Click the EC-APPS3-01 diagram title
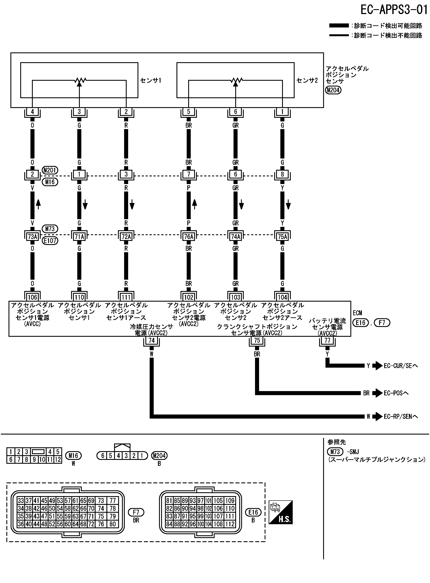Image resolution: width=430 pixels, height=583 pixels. tap(394, 10)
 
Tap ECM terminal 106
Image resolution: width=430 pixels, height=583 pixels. tap(32, 297)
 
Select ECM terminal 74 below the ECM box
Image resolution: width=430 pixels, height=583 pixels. tap(152, 340)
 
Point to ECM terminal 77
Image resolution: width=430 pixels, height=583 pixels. tap(327, 340)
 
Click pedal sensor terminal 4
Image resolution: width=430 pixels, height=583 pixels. tap(32, 112)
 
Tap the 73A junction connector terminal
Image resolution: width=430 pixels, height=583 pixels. tap(32, 236)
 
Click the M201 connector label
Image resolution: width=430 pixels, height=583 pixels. tap(50, 170)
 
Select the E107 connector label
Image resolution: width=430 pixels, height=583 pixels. tap(50, 241)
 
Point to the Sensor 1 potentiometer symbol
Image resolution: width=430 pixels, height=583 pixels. tap(79, 81)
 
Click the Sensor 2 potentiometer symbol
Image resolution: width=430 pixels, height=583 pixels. tap(236, 81)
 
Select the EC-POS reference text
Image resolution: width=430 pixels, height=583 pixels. tap(396, 393)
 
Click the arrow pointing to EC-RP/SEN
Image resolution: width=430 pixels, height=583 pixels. tap(377, 417)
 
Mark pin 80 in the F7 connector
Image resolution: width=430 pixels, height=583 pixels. tap(113, 524)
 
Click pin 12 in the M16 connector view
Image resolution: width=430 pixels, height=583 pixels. tap(58, 460)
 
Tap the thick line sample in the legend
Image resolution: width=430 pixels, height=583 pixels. tap(339, 26)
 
